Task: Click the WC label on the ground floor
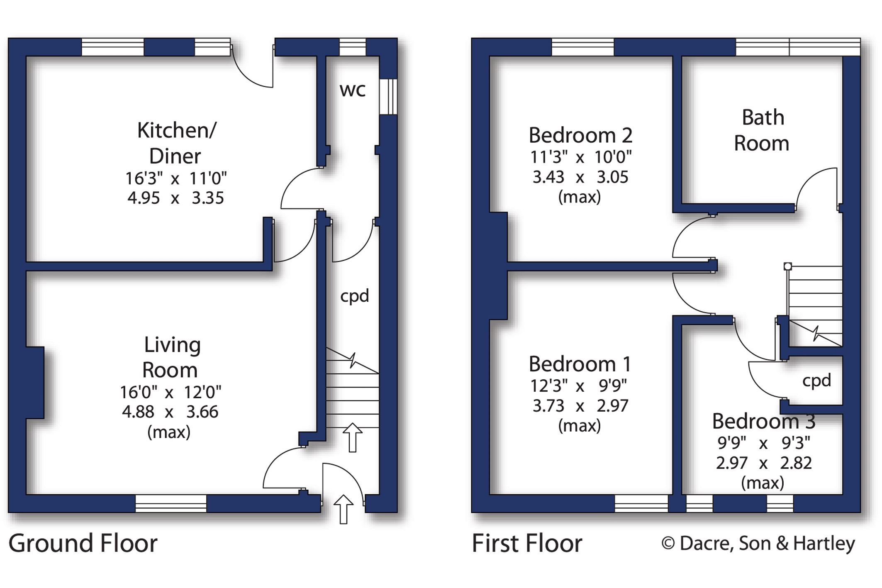[353, 90]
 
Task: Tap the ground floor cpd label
[354, 296]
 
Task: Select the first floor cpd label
[816, 381]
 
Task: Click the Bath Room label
[762, 130]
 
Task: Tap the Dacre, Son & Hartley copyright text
[758, 543]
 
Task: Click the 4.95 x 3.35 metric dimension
[175, 198]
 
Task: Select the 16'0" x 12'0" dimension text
[171, 391]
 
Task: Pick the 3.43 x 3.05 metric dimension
[580, 177]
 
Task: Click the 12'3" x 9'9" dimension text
[578, 385]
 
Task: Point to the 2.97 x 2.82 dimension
[764, 463]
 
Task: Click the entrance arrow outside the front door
[343, 509]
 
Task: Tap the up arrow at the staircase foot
[353, 437]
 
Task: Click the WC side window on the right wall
[388, 96]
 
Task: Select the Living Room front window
[171, 503]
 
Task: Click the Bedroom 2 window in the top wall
[582, 47]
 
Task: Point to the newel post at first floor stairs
[787, 266]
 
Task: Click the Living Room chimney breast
[35, 382]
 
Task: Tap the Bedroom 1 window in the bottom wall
[641, 503]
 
